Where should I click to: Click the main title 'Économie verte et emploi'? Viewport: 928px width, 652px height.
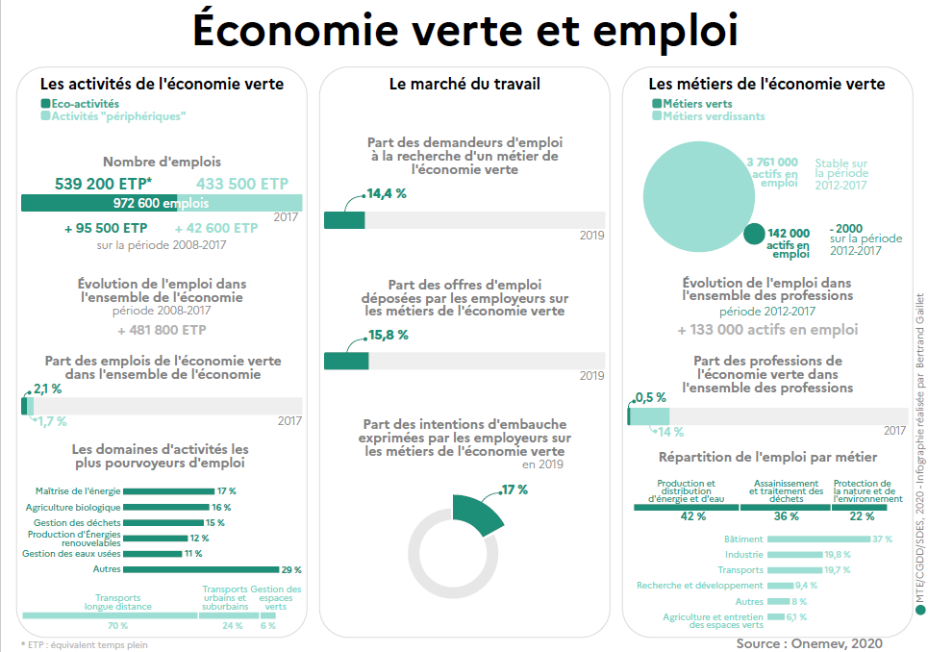tap(464, 31)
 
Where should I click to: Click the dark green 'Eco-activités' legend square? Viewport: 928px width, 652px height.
tap(45, 103)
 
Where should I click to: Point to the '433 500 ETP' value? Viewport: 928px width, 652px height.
tap(241, 184)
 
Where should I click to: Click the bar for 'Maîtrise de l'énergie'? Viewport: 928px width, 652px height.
tap(168, 491)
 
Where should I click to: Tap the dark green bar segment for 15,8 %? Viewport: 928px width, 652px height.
tap(346, 361)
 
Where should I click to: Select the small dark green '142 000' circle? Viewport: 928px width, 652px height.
tap(755, 234)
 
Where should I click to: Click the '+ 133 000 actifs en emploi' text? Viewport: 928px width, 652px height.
tap(767, 329)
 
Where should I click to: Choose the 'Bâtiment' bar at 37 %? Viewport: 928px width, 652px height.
tap(818, 539)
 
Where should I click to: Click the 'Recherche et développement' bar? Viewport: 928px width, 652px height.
tap(781, 585)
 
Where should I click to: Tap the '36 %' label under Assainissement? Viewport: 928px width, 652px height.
tap(787, 516)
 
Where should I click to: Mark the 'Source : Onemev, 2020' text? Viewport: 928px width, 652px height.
tap(809, 641)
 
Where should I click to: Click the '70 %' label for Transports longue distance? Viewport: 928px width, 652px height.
tap(117, 626)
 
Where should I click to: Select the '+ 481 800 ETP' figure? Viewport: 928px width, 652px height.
tap(162, 329)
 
